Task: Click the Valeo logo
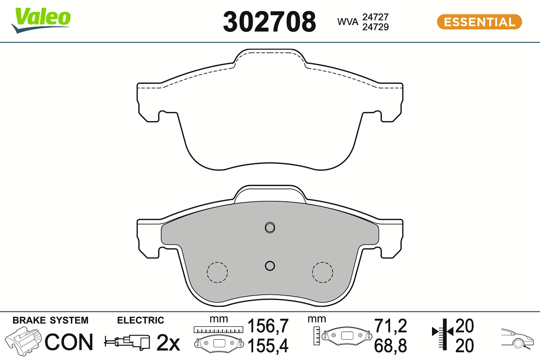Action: [x=40, y=20]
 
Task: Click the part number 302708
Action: [x=269, y=22]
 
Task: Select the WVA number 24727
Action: [x=375, y=17]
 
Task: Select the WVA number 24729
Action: [x=375, y=27]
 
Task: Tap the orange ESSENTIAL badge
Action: [x=479, y=22]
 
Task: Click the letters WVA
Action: [x=347, y=22]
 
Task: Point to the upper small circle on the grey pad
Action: [x=270, y=227]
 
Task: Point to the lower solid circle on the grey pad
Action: [x=270, y=266]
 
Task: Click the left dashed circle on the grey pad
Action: [x=217, y=272]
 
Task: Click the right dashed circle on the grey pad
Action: [x=323, y=272]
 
